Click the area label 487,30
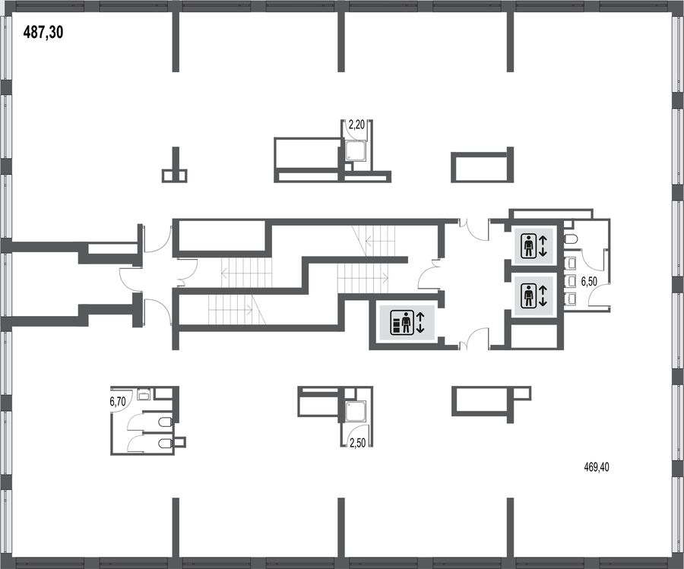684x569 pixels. pyautogui.click(x=43, y=32)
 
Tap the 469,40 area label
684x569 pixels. pyautogui.click(x=597, y=467)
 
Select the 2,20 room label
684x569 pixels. pyautogui.click(x=356, y=125)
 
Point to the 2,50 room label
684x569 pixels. pyautogui.click(x=357, y=444)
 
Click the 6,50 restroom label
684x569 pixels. pyautogui.click(x=589, y=282)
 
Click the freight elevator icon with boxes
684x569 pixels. pyautogui.click(x=401, y=322)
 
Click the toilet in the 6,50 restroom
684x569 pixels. pyautogui.click(x=571, y=239)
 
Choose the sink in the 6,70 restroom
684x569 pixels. pyautogui.click(x=144, y=394)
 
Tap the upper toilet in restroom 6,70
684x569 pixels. pyautogui.click(x=164, y=422)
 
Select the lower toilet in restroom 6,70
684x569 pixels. pyautogui.click(x=164, y=444)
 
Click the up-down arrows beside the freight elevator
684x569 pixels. pyautogui.click(x=420, y=322)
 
